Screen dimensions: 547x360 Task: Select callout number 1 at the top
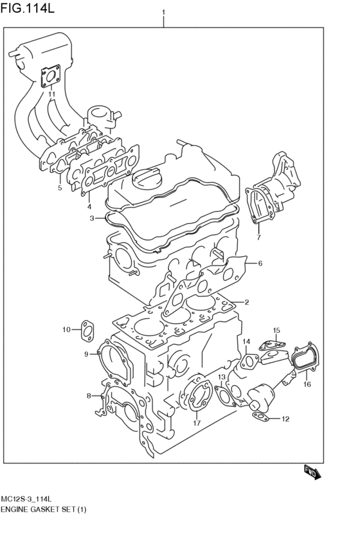pyautogui.click(x=164, y=12)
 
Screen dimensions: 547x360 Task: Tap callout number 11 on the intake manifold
pyautogui.click(x=50, y=94)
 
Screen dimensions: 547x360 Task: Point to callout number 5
pyautogui.click(x=59, y=188)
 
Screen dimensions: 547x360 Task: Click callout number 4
pyautogui.click(x=89, y=206)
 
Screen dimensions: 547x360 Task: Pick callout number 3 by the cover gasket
pyautogui.click(x=93, y=219)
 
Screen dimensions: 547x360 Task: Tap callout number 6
pyautogui.click(x=260, y=263)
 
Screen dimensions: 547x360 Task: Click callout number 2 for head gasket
pyautogui.click(x=246, y=302)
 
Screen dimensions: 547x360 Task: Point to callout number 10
pyautogui.click(x=66, y=330)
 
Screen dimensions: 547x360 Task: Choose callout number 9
pyautogui.click(x=86, y=354)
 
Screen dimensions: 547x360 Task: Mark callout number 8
pyautogui.click(x=89, y=395)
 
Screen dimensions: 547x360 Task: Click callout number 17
pyautogui.click(x=197, y=423)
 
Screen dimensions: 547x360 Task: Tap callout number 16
pyautogui.click(x=307, y=384)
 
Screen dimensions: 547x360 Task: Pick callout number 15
pyautogui.click(x=276, y=330)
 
